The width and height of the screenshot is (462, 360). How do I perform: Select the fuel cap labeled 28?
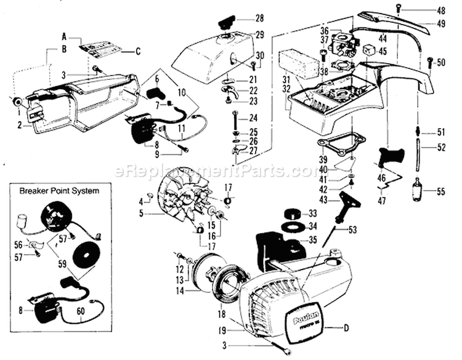[224, 23]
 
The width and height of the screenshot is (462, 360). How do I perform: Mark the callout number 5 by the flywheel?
[142, 214]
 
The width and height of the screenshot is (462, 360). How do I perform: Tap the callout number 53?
[353, 230]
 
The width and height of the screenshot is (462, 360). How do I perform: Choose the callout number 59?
[63, 266]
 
